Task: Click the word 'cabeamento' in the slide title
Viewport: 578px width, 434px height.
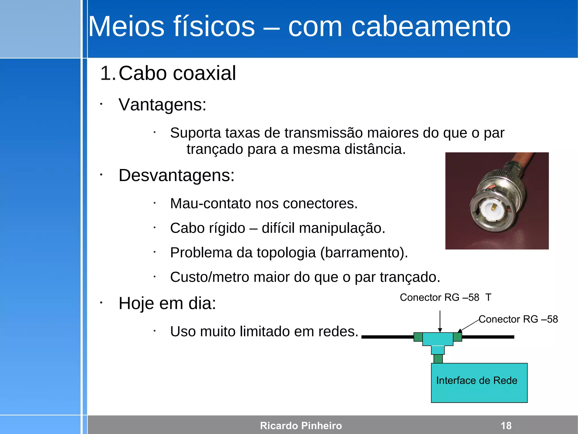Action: point(431,27)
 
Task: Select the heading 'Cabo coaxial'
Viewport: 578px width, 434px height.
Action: point(177,73)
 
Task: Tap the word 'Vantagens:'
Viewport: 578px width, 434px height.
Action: point(162,105)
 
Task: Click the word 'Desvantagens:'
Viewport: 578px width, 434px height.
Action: point(176,175)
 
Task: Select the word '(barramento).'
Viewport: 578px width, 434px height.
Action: point(364,252)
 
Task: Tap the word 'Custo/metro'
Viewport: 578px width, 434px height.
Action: point(209,277)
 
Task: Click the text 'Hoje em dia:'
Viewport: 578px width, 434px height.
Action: point(167,303)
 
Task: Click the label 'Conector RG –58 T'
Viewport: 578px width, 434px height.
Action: point(445,297)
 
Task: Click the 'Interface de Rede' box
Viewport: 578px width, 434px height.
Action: point(479,383)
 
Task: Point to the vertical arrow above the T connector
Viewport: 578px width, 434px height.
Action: point(440,321)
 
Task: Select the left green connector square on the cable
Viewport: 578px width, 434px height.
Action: point(418,337)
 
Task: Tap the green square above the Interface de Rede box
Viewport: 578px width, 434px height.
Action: point(438,359)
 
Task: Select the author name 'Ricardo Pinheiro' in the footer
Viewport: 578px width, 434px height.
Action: point(301,426)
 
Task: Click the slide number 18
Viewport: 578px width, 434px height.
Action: point(506,426)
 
